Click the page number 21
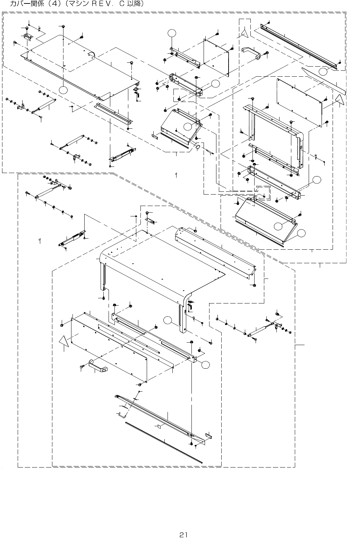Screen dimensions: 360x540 [183, 535]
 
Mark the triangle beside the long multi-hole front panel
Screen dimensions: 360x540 [63, 341]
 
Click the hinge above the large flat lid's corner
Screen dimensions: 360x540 [27, 37]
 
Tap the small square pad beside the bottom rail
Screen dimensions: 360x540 [159, 427]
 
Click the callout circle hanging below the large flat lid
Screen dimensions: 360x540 [63, 90]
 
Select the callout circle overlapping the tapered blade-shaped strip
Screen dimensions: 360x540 [323, 71]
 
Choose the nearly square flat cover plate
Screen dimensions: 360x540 [216, 58]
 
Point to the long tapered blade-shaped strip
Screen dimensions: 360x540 [324, 81]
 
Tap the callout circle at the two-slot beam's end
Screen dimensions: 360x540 [205, 365]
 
